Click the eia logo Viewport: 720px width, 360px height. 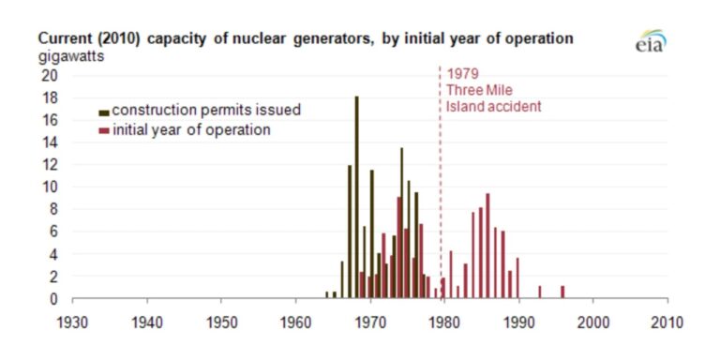tap(650, 42)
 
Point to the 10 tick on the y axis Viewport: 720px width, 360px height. tap(53, 187)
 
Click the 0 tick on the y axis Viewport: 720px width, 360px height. tap(57, 299)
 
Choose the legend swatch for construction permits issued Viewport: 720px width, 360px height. tap(104, 111)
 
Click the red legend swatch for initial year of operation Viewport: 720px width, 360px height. tap(104, 130)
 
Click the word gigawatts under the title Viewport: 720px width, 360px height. tap(71, 56)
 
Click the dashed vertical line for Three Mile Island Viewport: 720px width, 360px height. tap(441, 187)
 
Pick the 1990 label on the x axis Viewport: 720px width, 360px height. tap(518, 320)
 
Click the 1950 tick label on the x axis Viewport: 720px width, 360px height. tap(221, 320)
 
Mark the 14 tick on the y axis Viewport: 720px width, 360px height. tap(53, 142)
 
